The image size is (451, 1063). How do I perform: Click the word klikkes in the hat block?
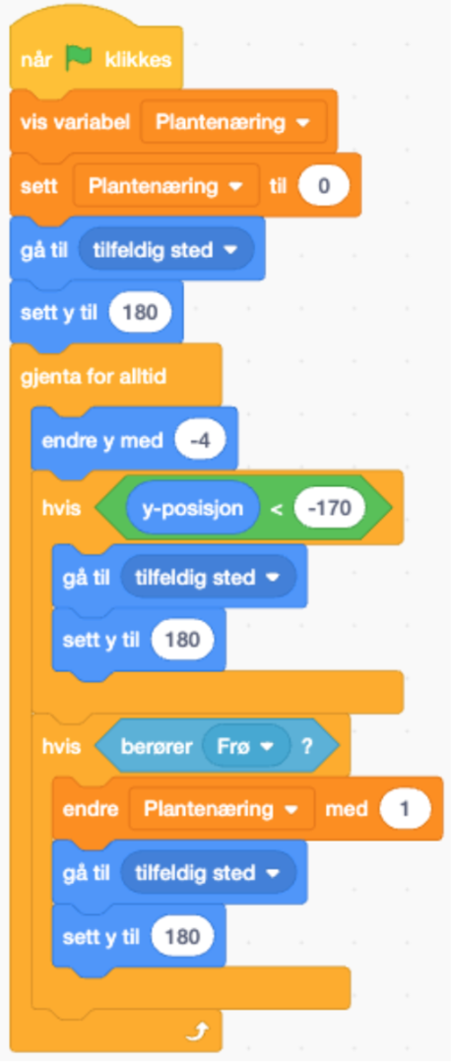[138, 60]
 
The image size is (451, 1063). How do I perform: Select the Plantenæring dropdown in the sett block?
[166, 186]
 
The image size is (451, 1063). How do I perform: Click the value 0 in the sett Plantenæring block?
[324, 186]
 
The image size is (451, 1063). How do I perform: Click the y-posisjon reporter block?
[193, 507]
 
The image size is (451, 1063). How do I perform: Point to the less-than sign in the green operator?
[277, 509]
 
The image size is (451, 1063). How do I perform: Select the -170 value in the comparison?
[330, 507]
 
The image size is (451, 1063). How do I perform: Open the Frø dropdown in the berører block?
[245, 746]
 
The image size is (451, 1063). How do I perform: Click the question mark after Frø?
[307, 746]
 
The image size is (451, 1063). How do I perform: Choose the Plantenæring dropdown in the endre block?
[223, 809]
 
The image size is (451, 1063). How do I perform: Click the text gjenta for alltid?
[94, 376]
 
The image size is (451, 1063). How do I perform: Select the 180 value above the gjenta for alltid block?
[141, 313]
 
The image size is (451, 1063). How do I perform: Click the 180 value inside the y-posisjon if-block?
[182, 640]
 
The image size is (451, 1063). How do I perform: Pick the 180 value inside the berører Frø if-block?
[182, 937]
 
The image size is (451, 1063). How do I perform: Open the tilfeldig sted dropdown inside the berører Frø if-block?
[208, 872]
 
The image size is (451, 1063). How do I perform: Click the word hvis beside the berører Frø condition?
[61, 746]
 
